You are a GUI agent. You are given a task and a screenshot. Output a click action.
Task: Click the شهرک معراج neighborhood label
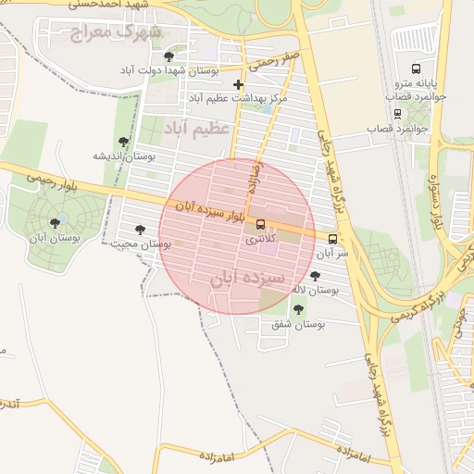120,33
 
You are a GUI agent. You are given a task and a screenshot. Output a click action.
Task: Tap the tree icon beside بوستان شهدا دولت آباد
168,56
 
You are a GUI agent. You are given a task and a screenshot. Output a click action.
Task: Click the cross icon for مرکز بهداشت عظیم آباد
238,84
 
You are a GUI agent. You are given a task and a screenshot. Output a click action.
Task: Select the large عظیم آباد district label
195,127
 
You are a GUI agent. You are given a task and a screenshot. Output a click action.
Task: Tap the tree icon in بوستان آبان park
61,221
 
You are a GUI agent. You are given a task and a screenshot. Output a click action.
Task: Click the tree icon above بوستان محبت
140,230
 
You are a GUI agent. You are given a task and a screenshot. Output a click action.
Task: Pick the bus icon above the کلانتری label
260,224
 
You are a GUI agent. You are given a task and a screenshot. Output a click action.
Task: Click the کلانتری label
259,239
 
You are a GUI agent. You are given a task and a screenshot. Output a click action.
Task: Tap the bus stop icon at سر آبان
332,237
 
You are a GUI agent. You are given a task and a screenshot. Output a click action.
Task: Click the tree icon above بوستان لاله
315,276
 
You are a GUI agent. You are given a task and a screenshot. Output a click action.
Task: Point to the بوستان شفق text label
298,324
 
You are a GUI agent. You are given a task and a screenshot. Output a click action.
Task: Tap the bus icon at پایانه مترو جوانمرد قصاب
416,68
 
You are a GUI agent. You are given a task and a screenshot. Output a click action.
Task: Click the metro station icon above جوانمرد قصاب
397,114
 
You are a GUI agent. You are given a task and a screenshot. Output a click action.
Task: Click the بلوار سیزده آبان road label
208,210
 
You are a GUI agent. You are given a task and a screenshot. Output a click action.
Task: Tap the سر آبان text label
330,252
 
